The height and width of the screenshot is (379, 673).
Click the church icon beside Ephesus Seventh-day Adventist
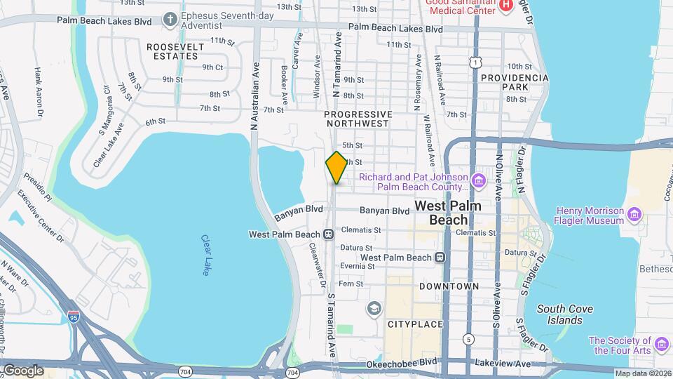point(170,17)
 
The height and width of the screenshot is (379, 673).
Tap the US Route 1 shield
point(476,63)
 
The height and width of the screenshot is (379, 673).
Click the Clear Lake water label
point(205,255)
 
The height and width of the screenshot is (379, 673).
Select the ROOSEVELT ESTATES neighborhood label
point(175,51)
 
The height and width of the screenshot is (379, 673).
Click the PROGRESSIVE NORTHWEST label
point(358,119)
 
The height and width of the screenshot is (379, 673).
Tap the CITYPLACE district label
point(415,324)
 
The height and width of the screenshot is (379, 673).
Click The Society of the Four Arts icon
point(662,343)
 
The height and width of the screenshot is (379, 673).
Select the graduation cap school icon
point(374,308)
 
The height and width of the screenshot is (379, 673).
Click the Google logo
point(23,370)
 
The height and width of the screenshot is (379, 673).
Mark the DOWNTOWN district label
point(449,286)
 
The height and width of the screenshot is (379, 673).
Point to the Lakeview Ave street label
point(522,364)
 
